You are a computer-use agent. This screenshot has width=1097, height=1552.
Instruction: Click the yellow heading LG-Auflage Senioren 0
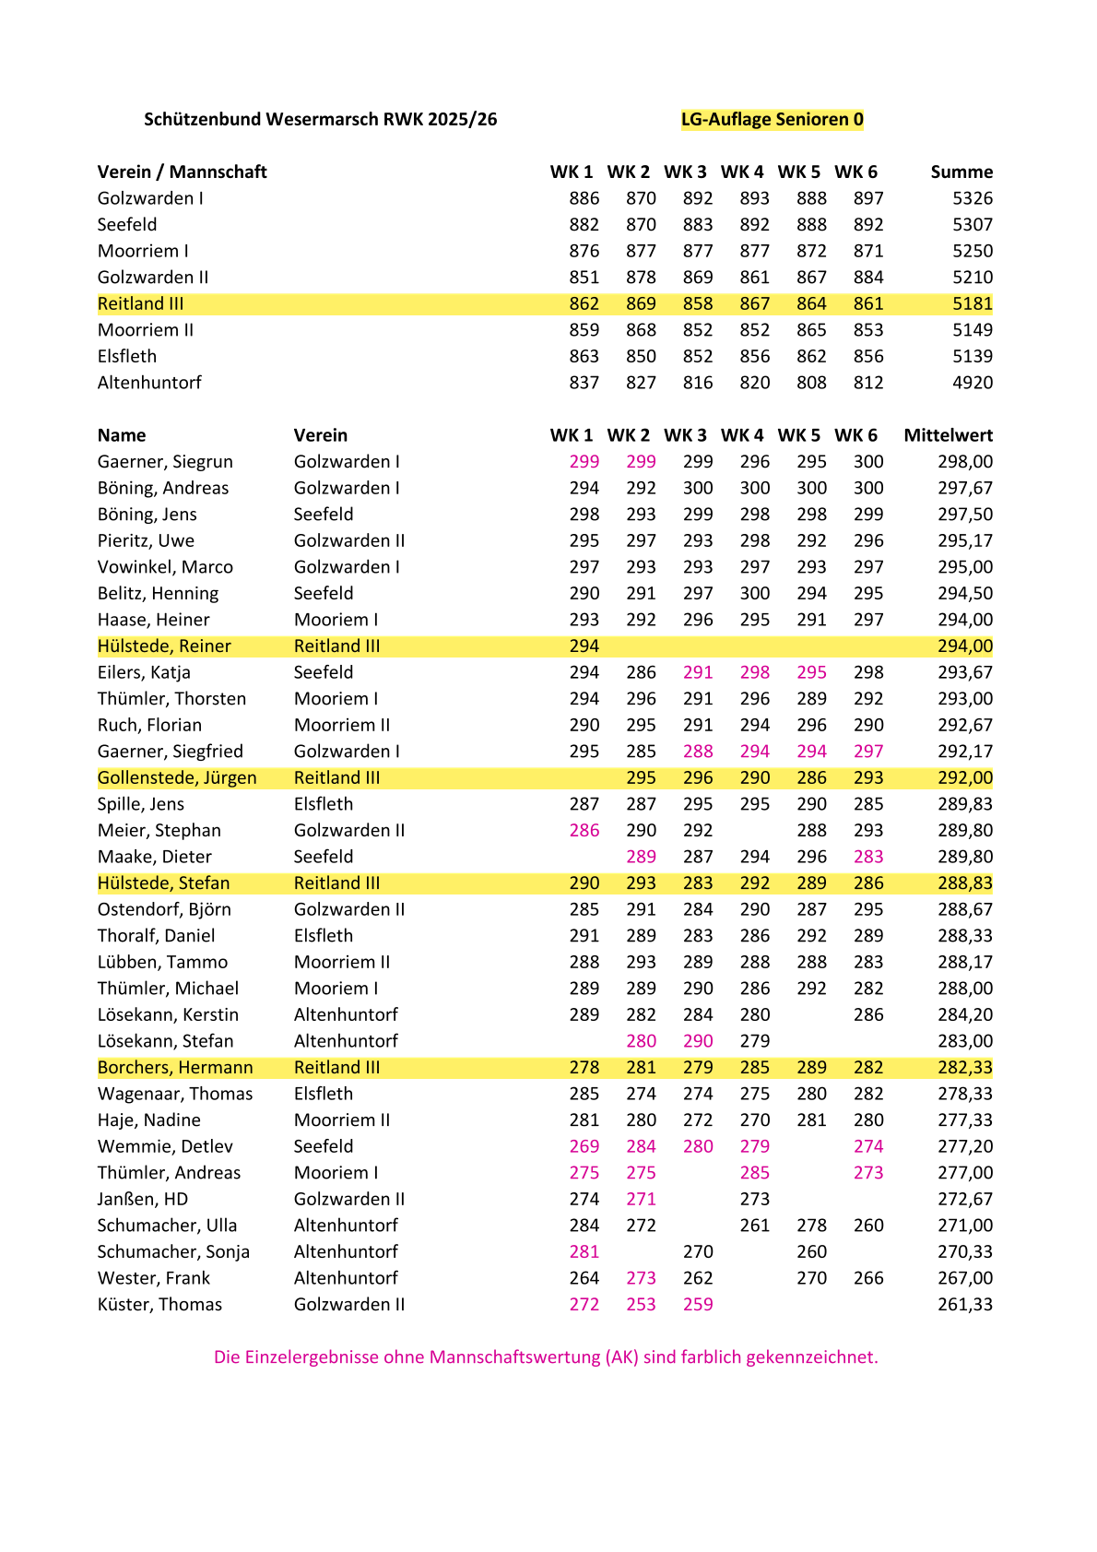pyautogui.click(x=772, y=119)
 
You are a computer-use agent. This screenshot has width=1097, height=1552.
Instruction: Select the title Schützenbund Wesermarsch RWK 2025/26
pyautogui.click(x=320, y=119)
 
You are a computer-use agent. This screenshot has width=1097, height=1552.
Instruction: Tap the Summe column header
pyautogui.click(x=961, y=172)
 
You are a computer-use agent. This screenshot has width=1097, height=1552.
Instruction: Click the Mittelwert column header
pyautogui.click(x=948, y=435)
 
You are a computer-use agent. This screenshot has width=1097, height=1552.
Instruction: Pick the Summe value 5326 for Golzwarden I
pyautogui.click(x=973, y=198)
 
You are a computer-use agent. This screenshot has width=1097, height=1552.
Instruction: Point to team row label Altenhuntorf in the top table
pyautogui.click(x=149, y=383)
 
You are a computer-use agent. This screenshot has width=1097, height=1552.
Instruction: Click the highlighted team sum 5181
pyautogui.click(x=973, y=303)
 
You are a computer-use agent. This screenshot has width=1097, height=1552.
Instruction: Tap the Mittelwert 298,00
pyautogui.click(x=965, y=462)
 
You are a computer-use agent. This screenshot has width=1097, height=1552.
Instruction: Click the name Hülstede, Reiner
pyautogui.click(x=164, y=646)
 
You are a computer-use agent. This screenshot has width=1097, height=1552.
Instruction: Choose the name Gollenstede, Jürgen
pyautogui.click(x=177, y=778)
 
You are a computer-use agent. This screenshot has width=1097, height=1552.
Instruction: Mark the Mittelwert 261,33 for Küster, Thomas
pyautogui.click(x=965, y=1305)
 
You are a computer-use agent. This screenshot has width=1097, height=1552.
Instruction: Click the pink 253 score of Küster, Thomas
pyautogui.click(x=641, y=1305)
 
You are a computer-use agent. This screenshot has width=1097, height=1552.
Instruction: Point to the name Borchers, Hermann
pyautogui.click(x=175, y=1068)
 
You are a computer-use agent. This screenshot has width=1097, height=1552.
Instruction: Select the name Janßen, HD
pyautogui.click(x=143, y=1200)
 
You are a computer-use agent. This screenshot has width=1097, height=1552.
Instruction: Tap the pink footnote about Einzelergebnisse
pyautogui.click(x=546, y=1357)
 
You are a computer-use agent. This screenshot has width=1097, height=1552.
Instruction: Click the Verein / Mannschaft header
pyautogui.click(x=182, y=172)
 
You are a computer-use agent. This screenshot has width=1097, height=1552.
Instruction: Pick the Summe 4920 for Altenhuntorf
pyautogui.click(x=973, y=383)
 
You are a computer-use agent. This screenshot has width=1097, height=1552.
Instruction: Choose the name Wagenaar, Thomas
pyautogui.click(x=175, y=1095)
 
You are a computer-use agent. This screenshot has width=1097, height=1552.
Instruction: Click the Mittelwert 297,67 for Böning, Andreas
pyautogui.click(x=965, y=489)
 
